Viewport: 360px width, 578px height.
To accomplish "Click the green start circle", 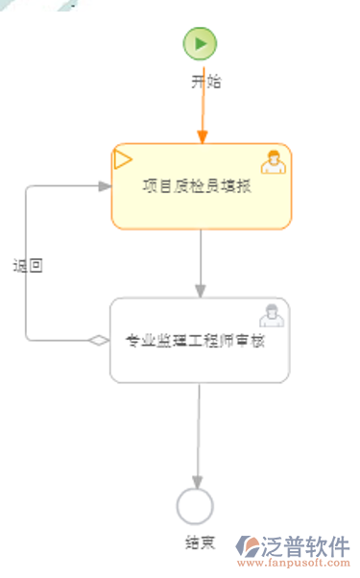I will (x=201, y=43).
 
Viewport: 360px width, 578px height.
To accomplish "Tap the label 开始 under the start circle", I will (x=205, y=82).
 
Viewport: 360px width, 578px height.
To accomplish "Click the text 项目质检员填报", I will (x=197, y=186).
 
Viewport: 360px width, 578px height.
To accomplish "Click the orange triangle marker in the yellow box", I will (x=123, y=158).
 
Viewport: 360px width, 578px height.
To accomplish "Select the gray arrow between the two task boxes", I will (x=201, y=263).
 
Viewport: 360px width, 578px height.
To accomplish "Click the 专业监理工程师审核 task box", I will (x=199, y=365).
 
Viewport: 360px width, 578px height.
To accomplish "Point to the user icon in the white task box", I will (x=271, y=315).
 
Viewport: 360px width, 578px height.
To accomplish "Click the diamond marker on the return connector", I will (x=98, y=340).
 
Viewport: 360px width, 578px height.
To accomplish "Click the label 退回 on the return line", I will (x=27, y=267).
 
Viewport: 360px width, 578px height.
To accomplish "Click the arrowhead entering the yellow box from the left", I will (x=105, y=186).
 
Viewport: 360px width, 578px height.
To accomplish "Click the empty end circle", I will (x=195, y=505).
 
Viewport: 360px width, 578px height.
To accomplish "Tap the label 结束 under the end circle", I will (x=200, y=543).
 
